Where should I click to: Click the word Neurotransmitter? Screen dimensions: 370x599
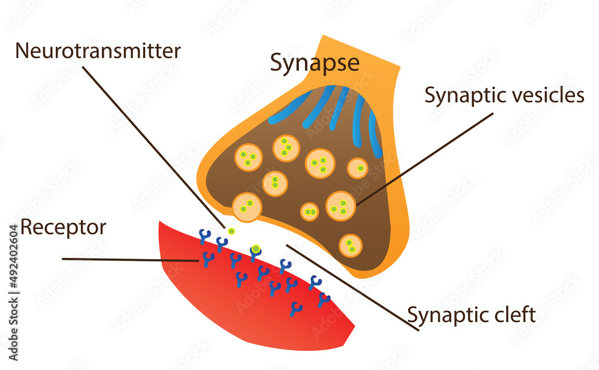coord(98,51)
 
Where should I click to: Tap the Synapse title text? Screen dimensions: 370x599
coord(314,62)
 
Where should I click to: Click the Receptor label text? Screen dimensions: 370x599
coord(63,227)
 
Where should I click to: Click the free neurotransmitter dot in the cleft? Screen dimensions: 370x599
coord(232,231)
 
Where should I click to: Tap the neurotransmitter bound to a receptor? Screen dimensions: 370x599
coord(256,248)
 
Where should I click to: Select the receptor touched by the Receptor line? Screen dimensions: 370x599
coord(208,259)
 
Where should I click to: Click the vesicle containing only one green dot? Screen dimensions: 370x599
coord(358,169)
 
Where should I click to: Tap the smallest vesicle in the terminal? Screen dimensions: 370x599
coord(309,212)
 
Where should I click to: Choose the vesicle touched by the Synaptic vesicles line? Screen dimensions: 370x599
coord(341,206)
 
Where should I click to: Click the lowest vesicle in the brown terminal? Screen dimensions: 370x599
coord(350,245)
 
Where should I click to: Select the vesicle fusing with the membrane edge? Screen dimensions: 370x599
coord(247,207)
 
